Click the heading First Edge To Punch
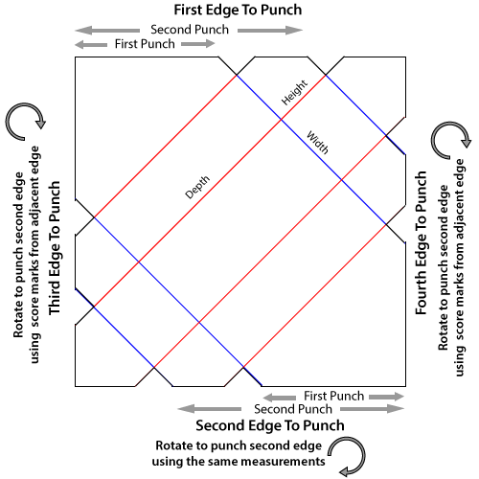click(238, 10)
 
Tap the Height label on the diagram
click(294, 93)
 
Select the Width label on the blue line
click(317, 143)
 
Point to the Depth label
click(197, 187)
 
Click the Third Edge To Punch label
click(55, 248)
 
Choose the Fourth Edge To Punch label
click(421, 243)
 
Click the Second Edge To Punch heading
click(270, 425)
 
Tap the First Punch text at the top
click(145, 44)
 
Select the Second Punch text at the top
click(190, 30)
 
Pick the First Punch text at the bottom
click(333, 397)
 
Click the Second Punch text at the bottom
click(293, 409)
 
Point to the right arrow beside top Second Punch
click(270, 31)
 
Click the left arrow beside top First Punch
click(91, 45)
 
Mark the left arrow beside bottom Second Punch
click(210, 409)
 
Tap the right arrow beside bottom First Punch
click(387, 397)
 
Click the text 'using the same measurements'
click(239, 462)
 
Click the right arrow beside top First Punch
click(198, 44)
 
